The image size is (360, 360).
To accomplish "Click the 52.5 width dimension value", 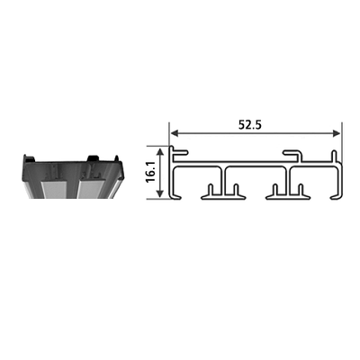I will point(250,124).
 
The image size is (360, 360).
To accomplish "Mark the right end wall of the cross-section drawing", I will point(339,180).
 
